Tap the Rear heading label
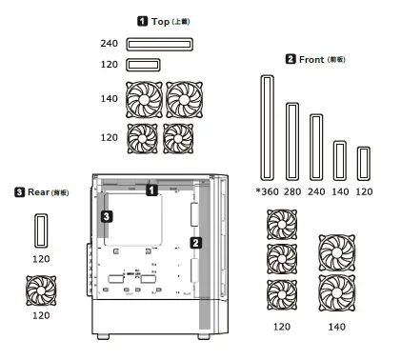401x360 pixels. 37,193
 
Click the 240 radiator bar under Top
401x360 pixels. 158,44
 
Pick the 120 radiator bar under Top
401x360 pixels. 142,65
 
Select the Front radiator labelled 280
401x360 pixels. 291,135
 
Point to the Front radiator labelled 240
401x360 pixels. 315,147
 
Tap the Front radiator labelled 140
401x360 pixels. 339,160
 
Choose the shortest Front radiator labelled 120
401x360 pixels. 363,163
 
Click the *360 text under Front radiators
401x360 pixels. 267,192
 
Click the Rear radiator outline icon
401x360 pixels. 40,230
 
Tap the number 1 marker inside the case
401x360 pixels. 150,190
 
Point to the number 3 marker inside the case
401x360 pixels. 107,217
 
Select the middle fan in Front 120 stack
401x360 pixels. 281,258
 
